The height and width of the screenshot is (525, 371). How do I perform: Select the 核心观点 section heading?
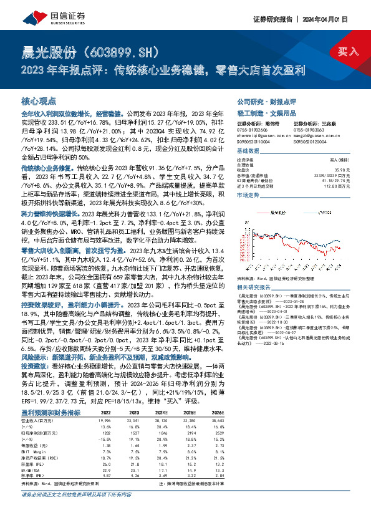(x=39, y=101)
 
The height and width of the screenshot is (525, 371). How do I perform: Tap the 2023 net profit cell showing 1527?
(x=147, y=432)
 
